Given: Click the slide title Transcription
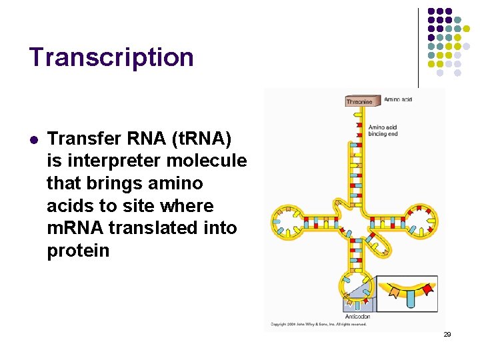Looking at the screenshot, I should (111, 57).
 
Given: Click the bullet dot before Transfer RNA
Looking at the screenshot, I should (33, 140).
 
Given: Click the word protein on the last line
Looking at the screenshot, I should (78, 251).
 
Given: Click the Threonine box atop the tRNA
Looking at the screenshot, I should (359, 102).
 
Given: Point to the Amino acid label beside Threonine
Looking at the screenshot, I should (398, 99).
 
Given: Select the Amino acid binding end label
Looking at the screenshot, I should (384, 130).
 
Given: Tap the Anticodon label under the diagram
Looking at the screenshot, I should (357, 316).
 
